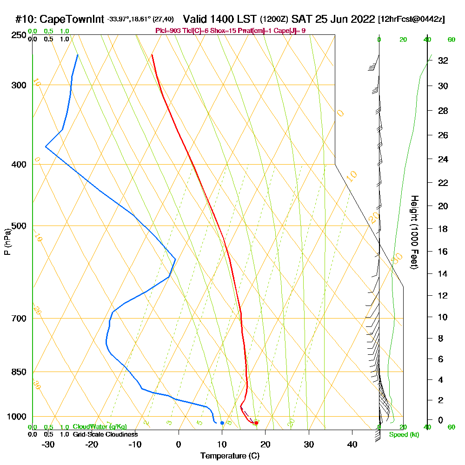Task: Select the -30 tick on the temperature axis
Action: point(48,445)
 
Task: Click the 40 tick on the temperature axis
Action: point(352,445)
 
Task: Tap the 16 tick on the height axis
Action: point(443,252)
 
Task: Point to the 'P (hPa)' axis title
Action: point(7,242)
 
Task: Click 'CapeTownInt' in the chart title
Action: point(72,20)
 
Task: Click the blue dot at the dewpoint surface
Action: point(222,423)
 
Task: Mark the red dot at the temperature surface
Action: point(256,423)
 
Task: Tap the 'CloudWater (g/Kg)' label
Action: point(100,427)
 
